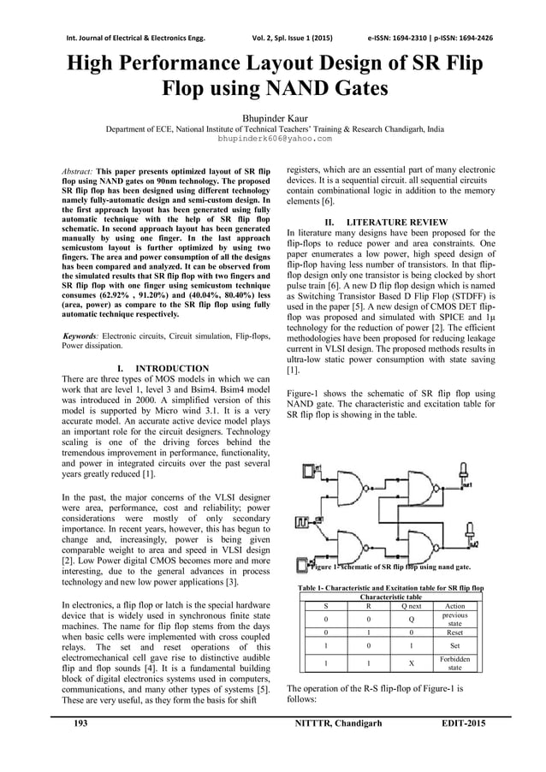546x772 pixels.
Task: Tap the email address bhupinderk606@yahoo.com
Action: click(x=273, y=137)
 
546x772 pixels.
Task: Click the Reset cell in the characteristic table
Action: click(x=455, y=632)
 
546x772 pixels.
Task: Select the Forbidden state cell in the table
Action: click(x=455, y=664)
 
